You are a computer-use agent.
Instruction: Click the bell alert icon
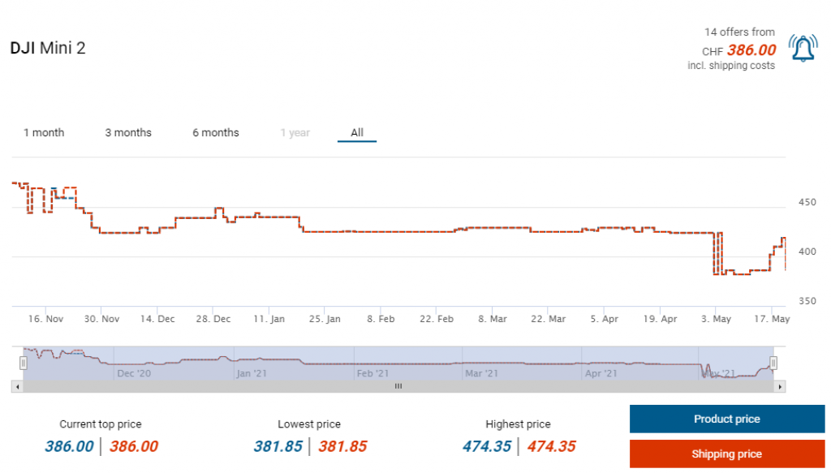click(x=803, y=49)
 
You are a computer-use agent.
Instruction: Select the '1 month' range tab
click(x=44, y=132)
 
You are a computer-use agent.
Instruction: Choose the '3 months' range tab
click(x=128, y=132)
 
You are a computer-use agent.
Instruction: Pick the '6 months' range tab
click(x=216, y=132)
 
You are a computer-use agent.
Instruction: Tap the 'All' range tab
click(x=357, y=132)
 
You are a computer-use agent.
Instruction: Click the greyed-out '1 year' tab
click(x=295, y=133)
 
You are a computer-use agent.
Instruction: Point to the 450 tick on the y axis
click(x=807, y=202)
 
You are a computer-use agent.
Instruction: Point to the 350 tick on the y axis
click(x=807, y=301)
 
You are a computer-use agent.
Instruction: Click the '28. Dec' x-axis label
click(x=213, y=319)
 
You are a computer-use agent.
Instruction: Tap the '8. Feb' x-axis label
click(x=381, y=319)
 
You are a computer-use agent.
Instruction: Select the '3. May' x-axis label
click(x=716, y=319)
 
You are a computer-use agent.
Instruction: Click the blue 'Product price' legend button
click(x=727, y=419)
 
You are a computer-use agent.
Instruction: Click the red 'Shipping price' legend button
click(x=727, y=454)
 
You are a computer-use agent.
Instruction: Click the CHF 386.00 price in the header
click(x=751, y=49)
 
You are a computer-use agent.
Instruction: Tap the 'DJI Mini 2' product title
click(x=48, y=48)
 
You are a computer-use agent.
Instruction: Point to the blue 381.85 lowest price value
click(x=278, y=446)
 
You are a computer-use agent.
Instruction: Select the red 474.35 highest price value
click(x=551, y=446)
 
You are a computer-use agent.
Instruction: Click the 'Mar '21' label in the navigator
click(x=481, y=373)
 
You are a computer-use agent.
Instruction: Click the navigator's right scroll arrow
click(x=781, y=387)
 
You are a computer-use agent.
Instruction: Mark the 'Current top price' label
click(x=101, y=424)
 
